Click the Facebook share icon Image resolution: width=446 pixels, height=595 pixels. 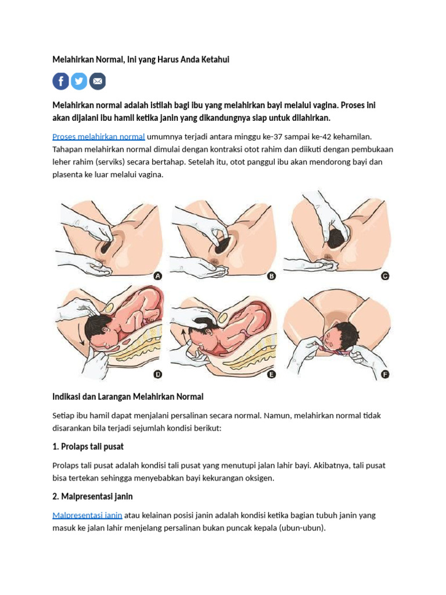click(x=60, y=81)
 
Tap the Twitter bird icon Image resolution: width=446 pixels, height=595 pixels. click(x=79, y=81)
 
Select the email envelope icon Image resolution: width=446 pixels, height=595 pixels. click(x=98, y=81)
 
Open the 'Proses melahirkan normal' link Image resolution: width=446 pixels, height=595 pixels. click(x=99, y=137)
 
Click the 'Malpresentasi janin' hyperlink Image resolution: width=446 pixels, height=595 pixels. click(x=87, y=515)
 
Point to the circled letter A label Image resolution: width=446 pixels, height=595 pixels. click(x=158, y=276)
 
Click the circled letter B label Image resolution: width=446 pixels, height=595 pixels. click(x=272, y=276)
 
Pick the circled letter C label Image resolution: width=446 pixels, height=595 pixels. click(x=385, y=276)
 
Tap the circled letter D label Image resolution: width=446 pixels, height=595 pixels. click(x=158, y=375)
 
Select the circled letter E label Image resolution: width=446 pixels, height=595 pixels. click(x=272, y=375)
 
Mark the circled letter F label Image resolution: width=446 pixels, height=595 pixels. click(x=385, y=375)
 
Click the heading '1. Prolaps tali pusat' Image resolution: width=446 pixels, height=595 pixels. click(x=88, y=447)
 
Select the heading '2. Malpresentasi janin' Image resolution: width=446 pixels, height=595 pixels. click(x=92, y=496)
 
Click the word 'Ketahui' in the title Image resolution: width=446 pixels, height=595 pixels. click(x=215, y=60)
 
